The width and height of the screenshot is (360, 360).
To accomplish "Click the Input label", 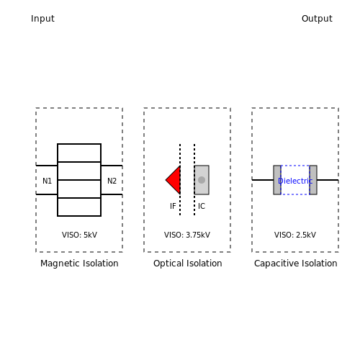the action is pos(42,19).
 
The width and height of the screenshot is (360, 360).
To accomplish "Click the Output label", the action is pos(317,19).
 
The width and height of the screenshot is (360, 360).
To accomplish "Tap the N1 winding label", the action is pos(47,181).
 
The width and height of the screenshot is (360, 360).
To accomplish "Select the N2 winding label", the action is pos(112,181).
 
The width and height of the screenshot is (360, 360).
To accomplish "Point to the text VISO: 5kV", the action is pos(79,235).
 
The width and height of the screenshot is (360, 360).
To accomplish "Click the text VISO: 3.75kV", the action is pos(187,235).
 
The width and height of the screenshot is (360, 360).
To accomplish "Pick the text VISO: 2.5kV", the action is pos(295,235).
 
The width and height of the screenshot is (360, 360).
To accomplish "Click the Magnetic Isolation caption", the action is pos(79,264).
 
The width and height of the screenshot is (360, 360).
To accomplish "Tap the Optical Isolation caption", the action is pos(188,264).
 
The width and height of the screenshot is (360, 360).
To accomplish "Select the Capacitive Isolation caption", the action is pos(296,264).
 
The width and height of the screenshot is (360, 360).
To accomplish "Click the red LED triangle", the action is pos(175,180).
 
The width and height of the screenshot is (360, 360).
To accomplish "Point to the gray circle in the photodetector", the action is pos(202,180).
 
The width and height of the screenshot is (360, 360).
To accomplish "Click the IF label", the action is pos(173,206).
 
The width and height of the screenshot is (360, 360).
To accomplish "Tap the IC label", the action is pos(202,206).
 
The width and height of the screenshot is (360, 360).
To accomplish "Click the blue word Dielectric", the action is pos(295,181).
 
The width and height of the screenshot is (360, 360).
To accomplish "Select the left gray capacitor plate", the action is pos(277,180).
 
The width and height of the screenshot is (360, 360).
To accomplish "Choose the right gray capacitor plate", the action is pos(313,180).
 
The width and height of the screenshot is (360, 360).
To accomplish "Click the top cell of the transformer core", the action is pos(79,153).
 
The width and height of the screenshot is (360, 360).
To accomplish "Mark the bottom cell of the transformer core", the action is pos(79,207).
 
